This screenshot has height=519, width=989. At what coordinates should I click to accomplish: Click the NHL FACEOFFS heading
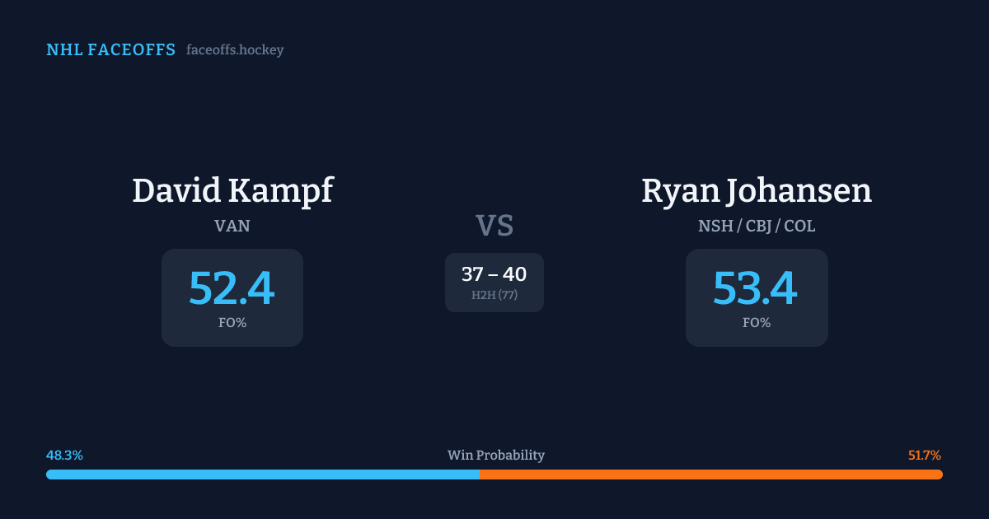tap(110, 50)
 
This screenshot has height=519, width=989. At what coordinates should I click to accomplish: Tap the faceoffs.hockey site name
tap(235, 50)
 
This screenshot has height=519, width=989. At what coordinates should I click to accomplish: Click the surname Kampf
tap(284, 191)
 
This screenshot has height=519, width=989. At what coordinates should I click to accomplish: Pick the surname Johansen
tap(797, 191)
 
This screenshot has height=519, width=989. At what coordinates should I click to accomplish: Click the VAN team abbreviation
tap(232, 226)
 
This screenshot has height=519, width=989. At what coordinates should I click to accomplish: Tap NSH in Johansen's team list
tap(715, 226)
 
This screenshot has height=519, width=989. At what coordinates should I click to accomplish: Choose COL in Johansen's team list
tap(799, 226)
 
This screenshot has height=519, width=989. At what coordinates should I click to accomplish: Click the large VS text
tap(494, 226)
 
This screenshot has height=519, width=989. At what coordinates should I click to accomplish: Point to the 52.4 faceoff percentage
tap(232, 288)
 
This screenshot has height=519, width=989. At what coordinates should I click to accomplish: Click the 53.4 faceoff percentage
tap(756, 288)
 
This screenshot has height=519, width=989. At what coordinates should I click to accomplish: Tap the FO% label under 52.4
tap(232, 323)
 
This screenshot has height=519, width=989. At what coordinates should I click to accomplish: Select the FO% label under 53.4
tap(757, 323)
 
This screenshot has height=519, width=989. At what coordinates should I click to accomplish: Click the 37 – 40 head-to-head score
tap(494, 274)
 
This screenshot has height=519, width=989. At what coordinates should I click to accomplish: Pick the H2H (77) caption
tap(494, 295)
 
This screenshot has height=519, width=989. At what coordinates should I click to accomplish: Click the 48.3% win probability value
tap(64, 456)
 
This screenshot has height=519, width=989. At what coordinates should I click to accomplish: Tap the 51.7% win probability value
tap(925, 456)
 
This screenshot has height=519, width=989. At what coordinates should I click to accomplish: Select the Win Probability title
tap(495, 456)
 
